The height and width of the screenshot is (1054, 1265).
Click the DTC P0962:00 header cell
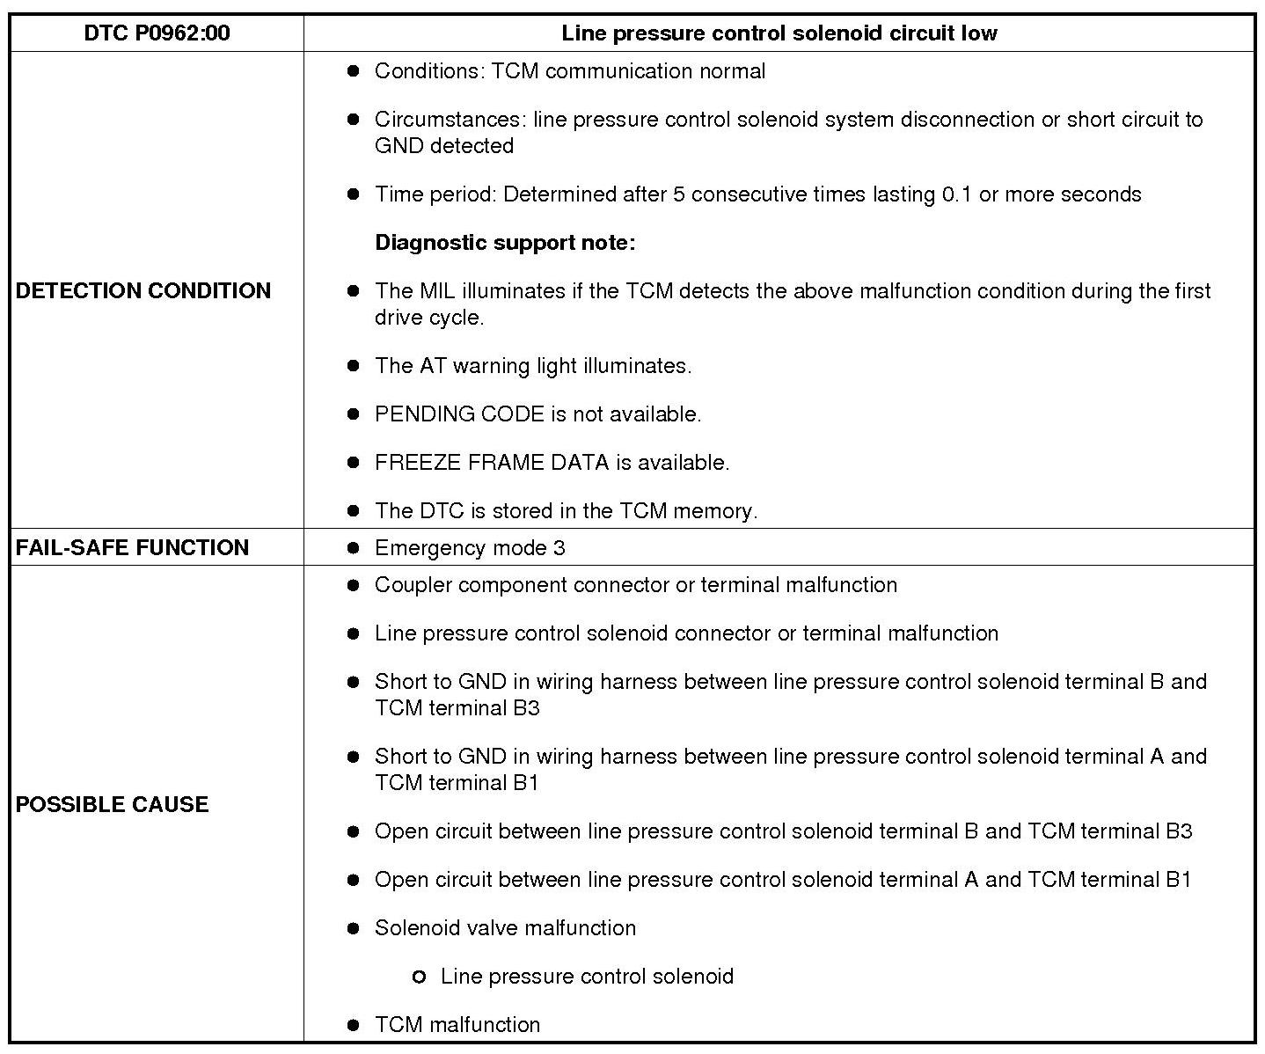157,33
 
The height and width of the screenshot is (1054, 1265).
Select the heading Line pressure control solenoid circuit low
779,33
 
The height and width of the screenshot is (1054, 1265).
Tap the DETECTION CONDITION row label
143,290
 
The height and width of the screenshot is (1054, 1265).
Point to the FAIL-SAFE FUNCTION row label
132,547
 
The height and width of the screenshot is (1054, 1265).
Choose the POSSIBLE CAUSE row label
113,804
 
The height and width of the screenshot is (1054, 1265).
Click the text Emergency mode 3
470,548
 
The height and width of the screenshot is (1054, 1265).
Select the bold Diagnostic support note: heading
505,242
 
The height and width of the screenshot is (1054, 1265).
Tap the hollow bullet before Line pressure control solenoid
419,977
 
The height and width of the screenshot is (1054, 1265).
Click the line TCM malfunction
457,1024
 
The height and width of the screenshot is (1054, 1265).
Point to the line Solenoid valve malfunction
505,927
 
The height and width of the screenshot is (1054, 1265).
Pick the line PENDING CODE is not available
537,414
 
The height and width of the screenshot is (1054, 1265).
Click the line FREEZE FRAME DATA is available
552,462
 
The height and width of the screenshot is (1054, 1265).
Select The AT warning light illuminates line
533,365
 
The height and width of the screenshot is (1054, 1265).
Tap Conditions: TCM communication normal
570,70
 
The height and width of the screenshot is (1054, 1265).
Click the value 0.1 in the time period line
956,194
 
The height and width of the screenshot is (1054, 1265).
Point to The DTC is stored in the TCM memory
566,510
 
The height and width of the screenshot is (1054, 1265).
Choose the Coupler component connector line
636,585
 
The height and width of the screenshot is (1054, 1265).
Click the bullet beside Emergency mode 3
354,548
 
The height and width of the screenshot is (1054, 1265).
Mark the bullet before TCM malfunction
354,1024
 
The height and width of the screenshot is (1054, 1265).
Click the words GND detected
444,145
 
